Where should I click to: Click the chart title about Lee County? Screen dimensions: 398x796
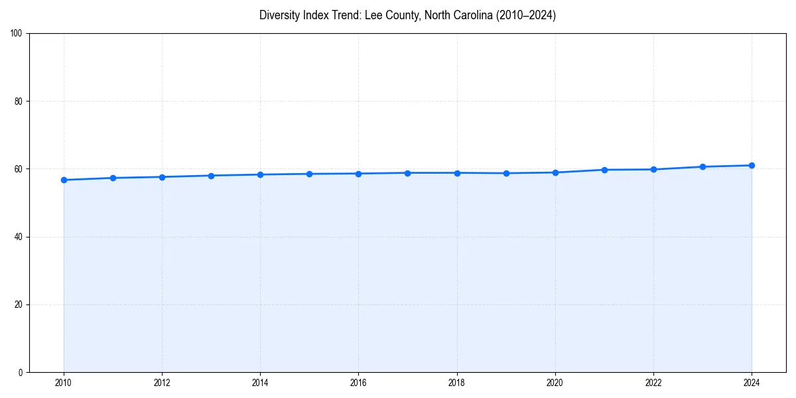point(407,15)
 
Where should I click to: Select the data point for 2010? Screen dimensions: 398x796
point(64,180)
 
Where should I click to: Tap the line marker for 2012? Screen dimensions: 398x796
point(162,177)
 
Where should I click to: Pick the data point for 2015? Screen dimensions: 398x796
point(309,174)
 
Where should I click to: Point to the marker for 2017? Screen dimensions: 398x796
point(407,173)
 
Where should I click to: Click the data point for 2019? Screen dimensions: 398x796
point(506,173)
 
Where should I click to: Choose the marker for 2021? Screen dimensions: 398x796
point(604,170)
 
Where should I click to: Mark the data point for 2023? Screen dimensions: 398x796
point(702,166)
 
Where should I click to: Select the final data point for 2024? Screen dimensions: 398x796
point(752,165)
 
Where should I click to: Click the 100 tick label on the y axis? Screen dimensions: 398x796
point(17,34)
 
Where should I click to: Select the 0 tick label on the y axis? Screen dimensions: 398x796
point(21,372)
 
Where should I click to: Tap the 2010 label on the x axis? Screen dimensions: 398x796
point(64,383)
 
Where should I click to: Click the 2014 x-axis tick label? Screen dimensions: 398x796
point(260,383)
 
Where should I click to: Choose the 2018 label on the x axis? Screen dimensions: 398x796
point(456,383)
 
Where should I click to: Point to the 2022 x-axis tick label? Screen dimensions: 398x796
point(653,383)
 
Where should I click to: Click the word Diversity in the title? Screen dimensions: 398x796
point(278,15)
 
